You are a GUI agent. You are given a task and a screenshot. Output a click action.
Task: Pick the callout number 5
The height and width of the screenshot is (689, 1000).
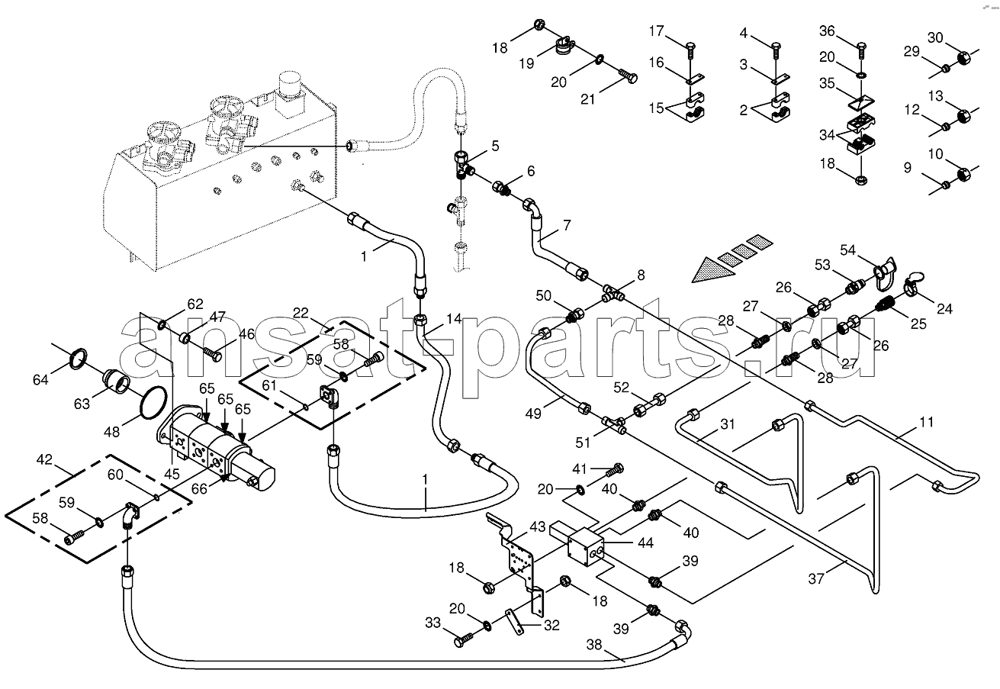pyautogui.click(x=495, y=145)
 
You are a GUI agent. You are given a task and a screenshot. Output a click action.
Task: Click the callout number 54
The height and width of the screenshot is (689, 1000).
pyautogui.click(x=849, y=250)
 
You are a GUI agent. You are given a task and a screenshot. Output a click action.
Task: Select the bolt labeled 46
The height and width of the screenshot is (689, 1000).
pyautogui.click(x=213, y=355)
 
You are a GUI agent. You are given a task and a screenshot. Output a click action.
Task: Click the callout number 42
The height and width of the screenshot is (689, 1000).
pyautogui.click(x=44, y=460)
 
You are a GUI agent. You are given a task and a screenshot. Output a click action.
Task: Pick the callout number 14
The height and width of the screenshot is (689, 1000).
pyautogui.click(x=454, y=318)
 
